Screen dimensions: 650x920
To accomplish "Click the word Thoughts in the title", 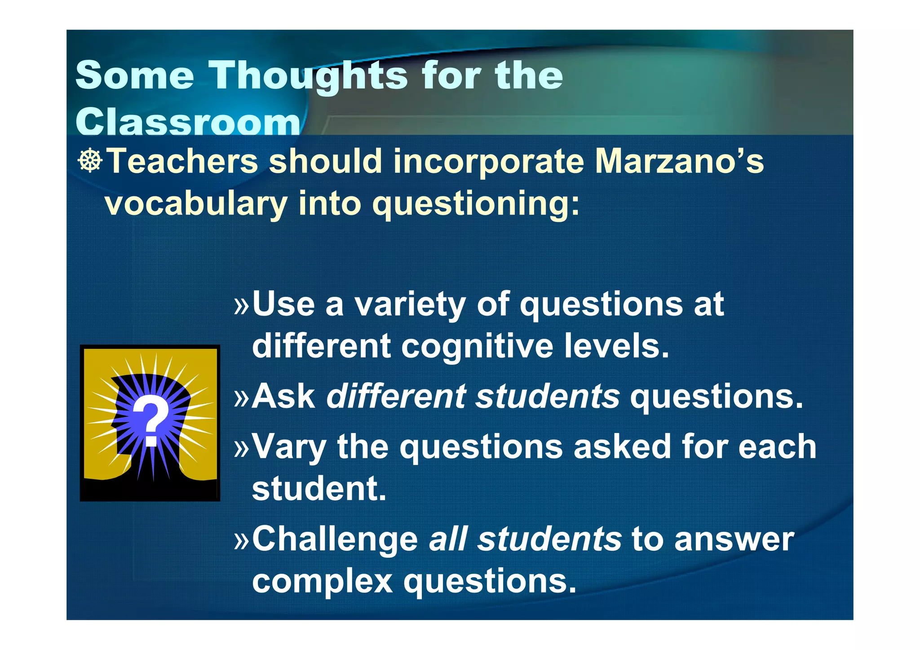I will point(308,75).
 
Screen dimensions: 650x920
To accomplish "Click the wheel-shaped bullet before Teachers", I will point(90,160).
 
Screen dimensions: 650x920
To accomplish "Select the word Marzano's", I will point(679,161).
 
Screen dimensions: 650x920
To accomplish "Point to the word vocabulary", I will point(195,203).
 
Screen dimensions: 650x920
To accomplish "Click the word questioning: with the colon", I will point(476,203).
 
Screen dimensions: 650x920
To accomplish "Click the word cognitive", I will point(477,346).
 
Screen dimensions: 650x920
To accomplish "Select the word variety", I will point(410,304).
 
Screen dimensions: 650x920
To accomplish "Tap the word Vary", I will point(289,447).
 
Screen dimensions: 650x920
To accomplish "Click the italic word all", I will point(448,539).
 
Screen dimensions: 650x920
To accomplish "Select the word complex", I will point(322,581).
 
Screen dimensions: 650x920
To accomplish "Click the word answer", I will point(734,539).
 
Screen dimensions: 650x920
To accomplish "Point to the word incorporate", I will point(488,161).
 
